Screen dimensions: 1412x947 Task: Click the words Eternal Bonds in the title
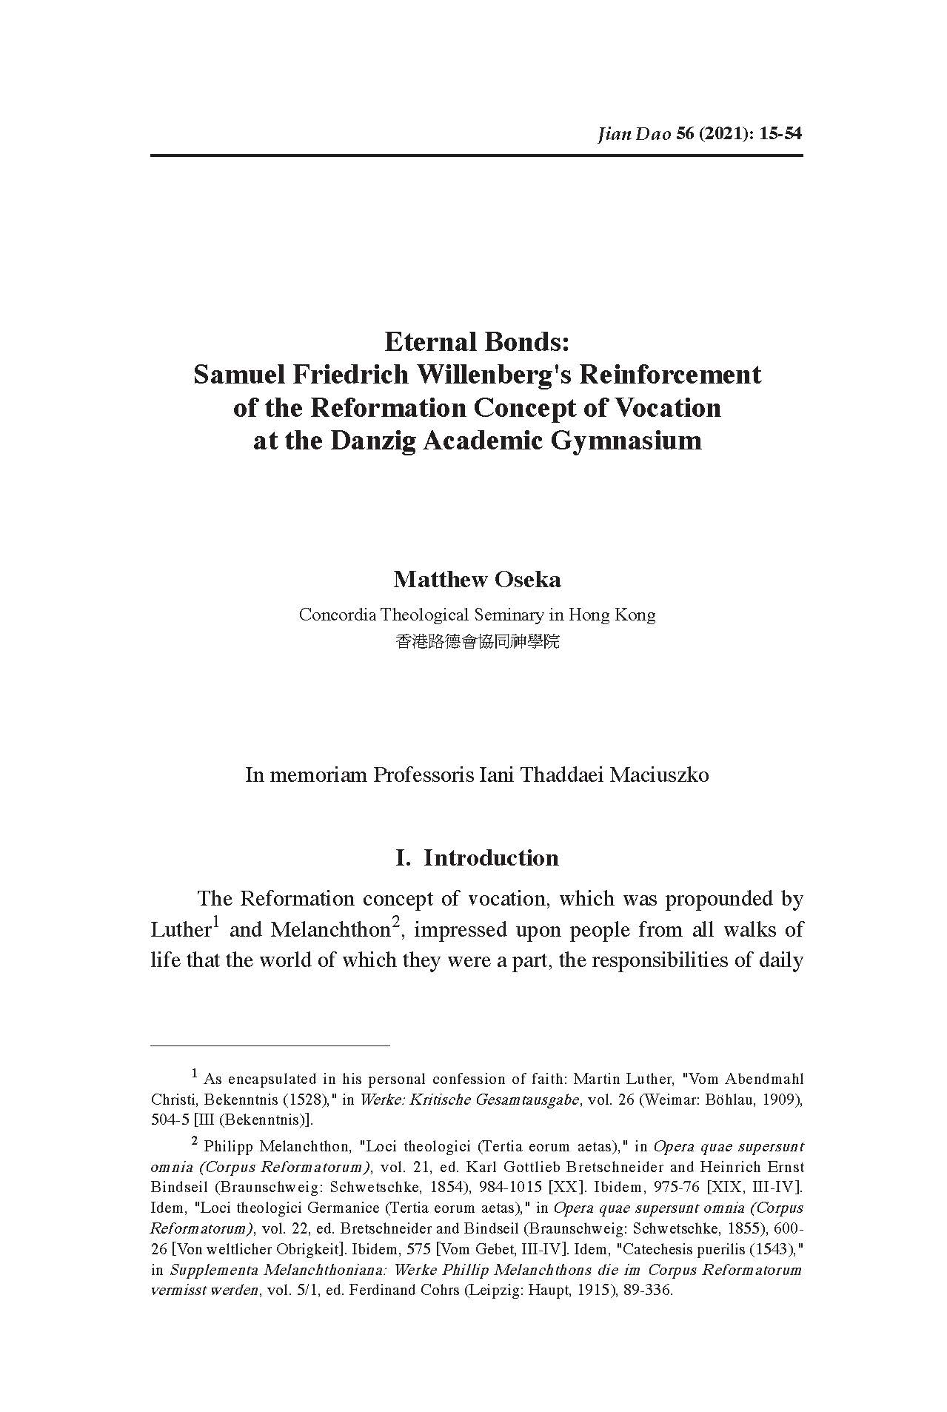tap(476, 342)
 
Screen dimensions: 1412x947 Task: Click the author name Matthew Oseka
tap(477, 579)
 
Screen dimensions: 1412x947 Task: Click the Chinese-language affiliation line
tap(477, 641)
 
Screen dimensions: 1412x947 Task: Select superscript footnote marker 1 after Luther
tap(216, 922)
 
